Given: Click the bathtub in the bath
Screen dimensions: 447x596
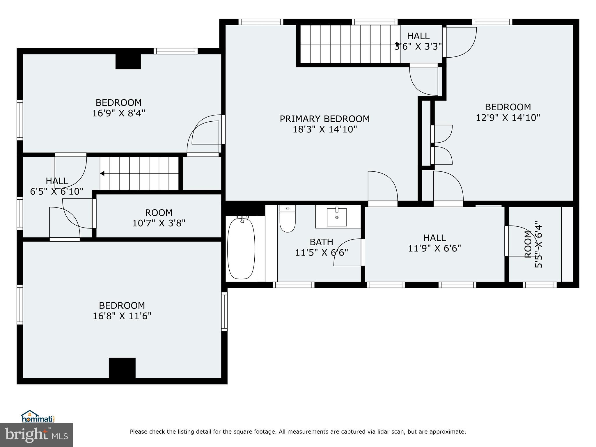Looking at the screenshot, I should [241, 249].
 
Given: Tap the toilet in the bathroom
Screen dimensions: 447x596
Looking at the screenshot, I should [288, 220].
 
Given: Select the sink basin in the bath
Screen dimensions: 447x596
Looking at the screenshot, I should [337, 217].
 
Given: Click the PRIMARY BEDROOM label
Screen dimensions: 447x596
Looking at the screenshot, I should [324, 119].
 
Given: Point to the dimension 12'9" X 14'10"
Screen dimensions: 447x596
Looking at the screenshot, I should [508, 118].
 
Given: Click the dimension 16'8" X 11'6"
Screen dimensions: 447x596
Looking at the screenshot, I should [122, 316].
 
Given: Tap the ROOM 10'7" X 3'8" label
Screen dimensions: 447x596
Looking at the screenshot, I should [159, 218].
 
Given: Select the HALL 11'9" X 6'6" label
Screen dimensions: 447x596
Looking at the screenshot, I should [434, 243].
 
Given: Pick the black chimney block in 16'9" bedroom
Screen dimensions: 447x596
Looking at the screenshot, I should [128, 61].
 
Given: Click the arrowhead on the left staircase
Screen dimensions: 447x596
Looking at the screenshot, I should [102, 173].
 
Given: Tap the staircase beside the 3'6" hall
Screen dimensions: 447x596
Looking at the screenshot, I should [349, 44].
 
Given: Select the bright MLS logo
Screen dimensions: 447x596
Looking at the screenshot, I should [36, 435].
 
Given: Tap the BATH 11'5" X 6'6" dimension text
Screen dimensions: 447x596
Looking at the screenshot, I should [322, 252].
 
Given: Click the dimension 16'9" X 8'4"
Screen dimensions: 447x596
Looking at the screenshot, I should [118, 113].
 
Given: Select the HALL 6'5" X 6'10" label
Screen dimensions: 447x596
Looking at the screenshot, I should [57, 186].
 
